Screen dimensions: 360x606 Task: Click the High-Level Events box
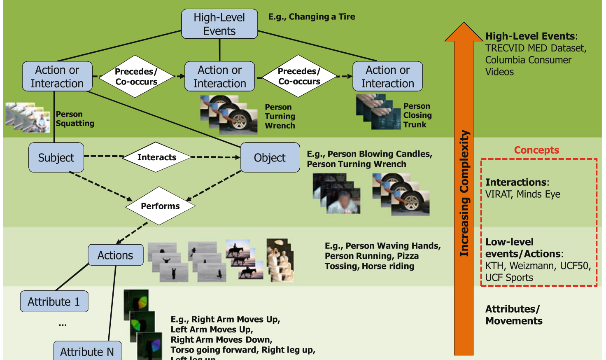point(219,24)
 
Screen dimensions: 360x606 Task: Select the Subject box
point(56,157)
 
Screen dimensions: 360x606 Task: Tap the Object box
point(270,157)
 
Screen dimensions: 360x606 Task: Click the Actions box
point(115,255)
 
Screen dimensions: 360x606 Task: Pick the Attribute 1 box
point(54,302)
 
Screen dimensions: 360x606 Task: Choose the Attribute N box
point(87,351)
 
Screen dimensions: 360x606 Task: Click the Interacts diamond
point(157,157)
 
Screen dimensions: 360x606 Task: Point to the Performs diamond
point(160,206)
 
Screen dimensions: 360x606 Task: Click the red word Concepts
point(536,150)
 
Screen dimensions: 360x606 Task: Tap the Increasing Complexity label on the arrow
point(464,194)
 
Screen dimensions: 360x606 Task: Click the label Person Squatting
point(75,119)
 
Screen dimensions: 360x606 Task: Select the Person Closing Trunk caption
point(417,115)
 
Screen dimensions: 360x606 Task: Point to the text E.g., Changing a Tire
point(312,17)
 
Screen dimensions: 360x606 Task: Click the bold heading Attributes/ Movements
point(513,315)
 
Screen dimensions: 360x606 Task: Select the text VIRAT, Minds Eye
point(522,194)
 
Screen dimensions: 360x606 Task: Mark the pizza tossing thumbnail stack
point(280,260)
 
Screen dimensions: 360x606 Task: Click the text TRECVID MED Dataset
point(536,48)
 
